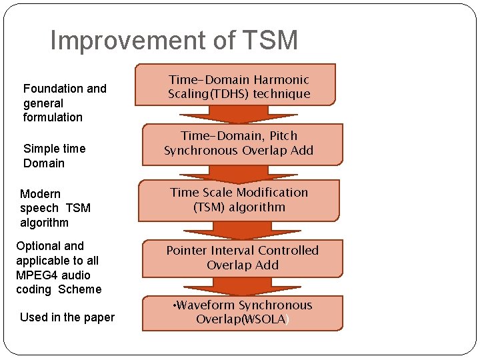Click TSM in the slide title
click(271, 41)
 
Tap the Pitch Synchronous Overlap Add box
click(239, 143)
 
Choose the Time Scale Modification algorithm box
click(239, 199)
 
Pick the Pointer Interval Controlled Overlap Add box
click(242, 257)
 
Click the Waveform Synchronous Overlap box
click(242, 312)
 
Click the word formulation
click(53, 117)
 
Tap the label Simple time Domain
click(53, 155)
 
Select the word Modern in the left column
click(40, 194)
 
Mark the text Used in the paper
click(67, 317)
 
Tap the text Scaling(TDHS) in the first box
click(209, 94)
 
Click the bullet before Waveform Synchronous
click(174, 305)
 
